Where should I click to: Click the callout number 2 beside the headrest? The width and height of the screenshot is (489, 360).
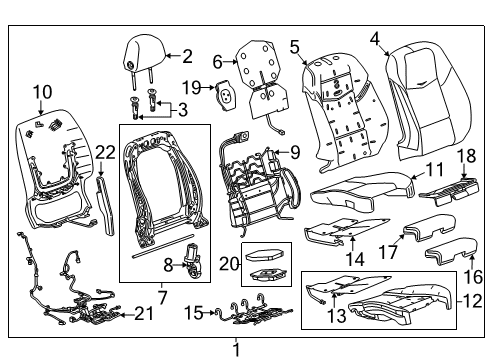tap(186, 56)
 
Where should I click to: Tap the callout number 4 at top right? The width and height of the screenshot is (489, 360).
tap(375, 39)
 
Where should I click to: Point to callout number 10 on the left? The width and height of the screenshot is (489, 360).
tap(40, 92)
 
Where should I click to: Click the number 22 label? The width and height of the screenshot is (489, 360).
tap(106, 151)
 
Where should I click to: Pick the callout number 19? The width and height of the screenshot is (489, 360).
tap(196, 87)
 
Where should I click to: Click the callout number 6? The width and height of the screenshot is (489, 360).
tap(218, 62)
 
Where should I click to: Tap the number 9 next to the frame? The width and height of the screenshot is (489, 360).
tap(294, 152)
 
